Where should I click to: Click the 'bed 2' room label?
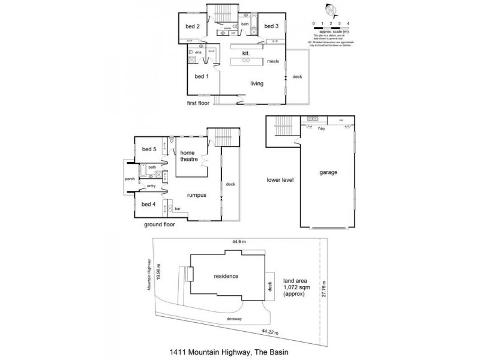(192, 26)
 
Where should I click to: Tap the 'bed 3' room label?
(271, 26)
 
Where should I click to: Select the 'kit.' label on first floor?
(245, 53)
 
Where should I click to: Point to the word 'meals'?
(274, 61)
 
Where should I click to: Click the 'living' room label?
(257, 83)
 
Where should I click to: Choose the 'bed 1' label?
(202, 76)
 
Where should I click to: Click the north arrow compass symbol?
(329, 10)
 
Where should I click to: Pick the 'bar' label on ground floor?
(178, 209)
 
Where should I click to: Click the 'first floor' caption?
(200, 103)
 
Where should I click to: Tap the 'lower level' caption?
(281, 179)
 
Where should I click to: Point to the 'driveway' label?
(234, 319)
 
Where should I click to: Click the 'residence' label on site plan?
(226, 276)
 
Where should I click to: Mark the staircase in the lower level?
(282, 127)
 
